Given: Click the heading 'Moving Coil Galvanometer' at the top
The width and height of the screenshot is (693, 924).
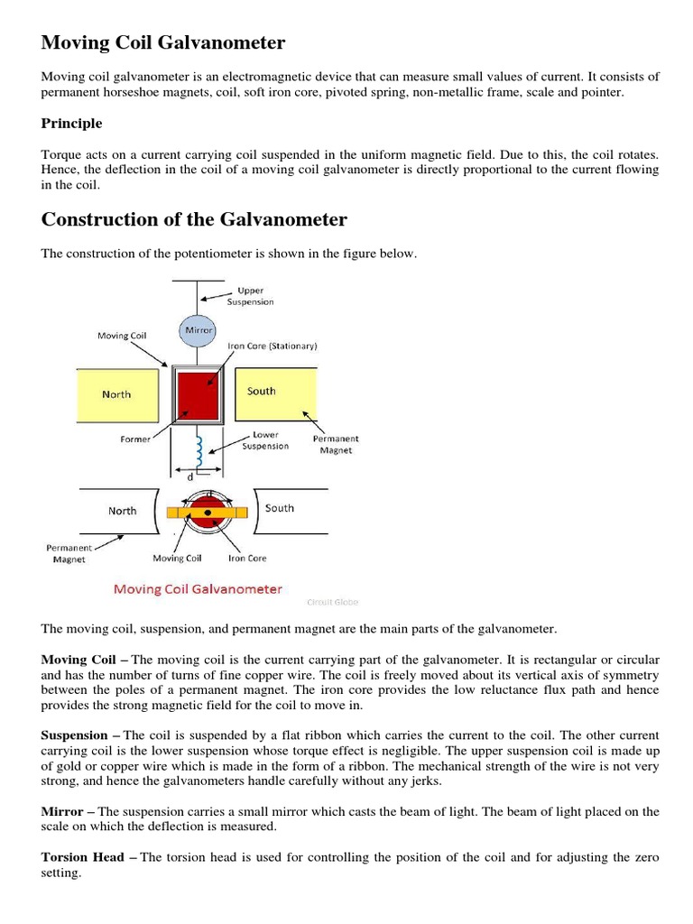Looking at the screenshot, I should (x=163, y=42).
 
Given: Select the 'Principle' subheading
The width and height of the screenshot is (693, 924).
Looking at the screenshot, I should (x=71, y=124).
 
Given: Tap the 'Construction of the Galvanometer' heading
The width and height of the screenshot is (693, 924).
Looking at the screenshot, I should (x=194, y=219).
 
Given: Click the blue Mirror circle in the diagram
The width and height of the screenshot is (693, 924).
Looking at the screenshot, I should (x=198, y=330).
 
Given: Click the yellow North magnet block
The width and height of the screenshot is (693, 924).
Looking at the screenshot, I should (x=116, y=394).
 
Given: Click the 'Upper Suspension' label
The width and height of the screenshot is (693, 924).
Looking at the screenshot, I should (x=249, y=297).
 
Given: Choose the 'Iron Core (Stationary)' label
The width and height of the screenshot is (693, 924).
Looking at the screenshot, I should (x=278, y=346).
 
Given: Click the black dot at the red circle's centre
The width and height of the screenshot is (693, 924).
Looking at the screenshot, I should (x=208, y=513).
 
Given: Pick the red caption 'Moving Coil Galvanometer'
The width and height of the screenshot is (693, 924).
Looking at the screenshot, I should (x=198, y=589).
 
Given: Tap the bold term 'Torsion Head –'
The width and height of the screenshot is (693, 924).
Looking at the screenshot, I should (x=88, y=856).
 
